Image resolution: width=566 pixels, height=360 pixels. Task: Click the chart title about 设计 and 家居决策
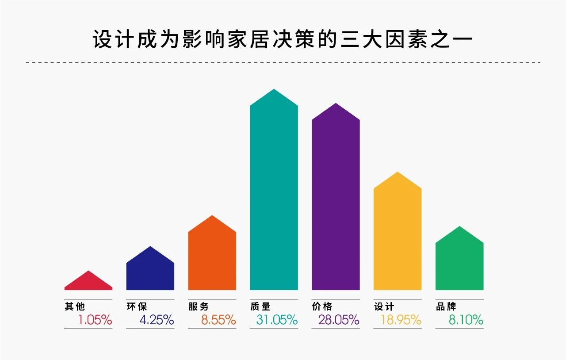click(283, 39)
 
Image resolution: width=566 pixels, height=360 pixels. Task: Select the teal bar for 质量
click(274, 195)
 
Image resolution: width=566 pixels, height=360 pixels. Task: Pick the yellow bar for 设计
click(398, 234)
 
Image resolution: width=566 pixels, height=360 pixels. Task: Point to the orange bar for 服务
click(212, 257)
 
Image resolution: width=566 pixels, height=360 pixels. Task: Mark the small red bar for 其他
click(88, 283)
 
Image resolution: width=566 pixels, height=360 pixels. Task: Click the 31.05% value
click(277, 320)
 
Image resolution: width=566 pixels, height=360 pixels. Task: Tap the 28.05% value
click(339, 320)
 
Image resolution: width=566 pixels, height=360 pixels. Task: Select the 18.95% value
click(401, 320)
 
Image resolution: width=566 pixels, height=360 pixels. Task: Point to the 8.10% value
click(466, 320)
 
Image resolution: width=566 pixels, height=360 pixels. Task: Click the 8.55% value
click(218, 320)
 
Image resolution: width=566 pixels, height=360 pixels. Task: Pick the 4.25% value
click(157, 320)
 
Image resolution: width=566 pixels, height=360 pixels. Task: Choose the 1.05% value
click(95, 320)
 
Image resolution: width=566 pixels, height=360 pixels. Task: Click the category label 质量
click(260, 306)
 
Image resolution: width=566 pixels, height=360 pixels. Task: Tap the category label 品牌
click(446, 306)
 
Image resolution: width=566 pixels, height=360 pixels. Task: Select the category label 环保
click(137, 306)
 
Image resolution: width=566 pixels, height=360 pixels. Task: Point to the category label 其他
click(75, 306)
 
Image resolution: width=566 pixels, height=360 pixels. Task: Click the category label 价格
click(322, 306)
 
